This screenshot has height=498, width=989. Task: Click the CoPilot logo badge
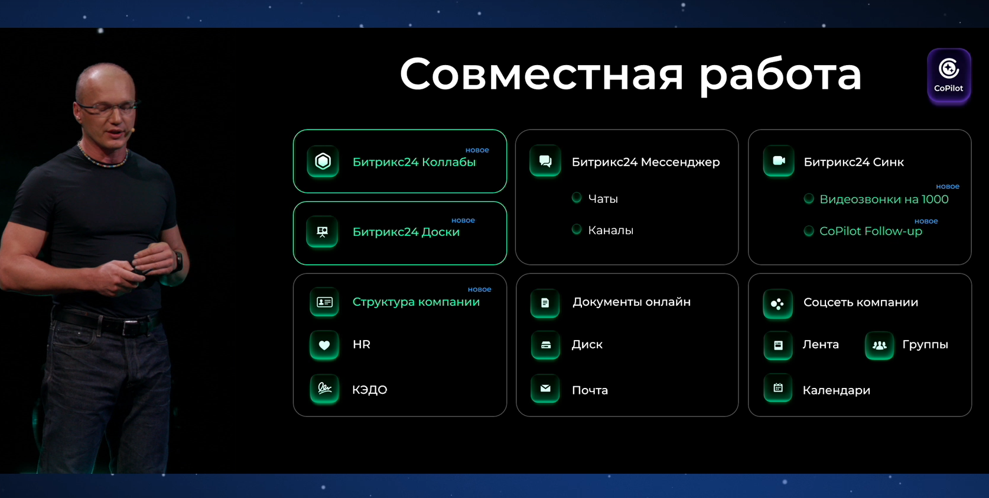click(x=949, y=76)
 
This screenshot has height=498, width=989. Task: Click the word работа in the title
click(x=780, y=75)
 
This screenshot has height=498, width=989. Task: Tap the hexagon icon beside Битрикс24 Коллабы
click(x=323, y=161)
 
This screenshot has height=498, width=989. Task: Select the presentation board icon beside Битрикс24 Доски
click(x=323, y=232)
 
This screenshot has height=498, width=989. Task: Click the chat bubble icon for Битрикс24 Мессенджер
click(x=545, y=161)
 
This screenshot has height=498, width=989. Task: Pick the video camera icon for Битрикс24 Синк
click(x=779, y=161)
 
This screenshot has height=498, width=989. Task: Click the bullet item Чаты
click(x=603, y=199)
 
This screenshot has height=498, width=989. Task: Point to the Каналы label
click(x=610, y=231)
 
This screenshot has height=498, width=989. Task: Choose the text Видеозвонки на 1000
click(x=883, y=200)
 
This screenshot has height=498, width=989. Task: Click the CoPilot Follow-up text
click(x=870, y=231)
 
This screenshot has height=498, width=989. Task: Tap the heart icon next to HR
click(x=324, y=345)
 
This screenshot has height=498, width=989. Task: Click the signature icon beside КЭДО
click(x=324, y=389)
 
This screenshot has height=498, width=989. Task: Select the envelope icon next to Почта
click(x=545, y=389)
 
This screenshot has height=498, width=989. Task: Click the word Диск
click(x=587, y=345)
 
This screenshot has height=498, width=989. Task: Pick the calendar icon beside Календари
click(x=778, y=389)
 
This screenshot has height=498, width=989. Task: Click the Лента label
click(x=820, y=345)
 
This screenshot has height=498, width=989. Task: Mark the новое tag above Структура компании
click(x=479, y=290)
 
